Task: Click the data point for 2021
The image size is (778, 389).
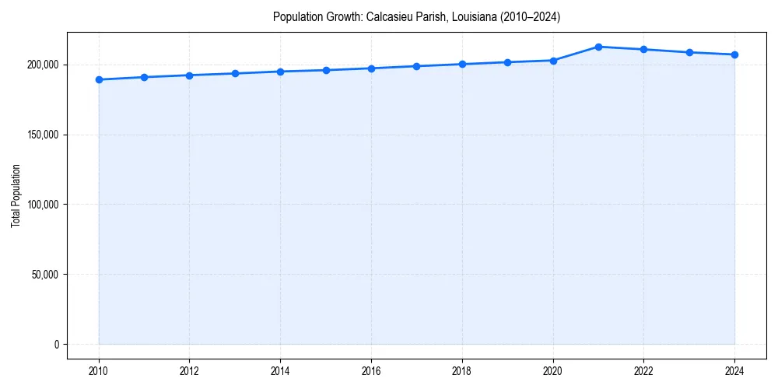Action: [598, 47]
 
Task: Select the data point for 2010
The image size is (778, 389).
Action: [99, 79]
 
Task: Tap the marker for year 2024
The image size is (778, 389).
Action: [734, 54]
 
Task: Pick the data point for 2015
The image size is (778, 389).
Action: [326, 70]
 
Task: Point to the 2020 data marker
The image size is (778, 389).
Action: [553, 60]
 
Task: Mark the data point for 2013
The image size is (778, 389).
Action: [235, 73]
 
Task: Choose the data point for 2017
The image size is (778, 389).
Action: [417, 66]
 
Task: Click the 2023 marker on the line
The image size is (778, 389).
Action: [689, 52]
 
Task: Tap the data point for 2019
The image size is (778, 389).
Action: [507, 62]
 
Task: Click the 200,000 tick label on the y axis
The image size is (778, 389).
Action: [42, 65]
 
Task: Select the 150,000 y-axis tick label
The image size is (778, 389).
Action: [42, 135]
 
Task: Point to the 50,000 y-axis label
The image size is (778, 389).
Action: [44, 275]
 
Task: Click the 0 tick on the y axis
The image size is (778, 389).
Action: [56, 345]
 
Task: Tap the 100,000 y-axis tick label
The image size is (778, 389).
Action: [42, 205]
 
